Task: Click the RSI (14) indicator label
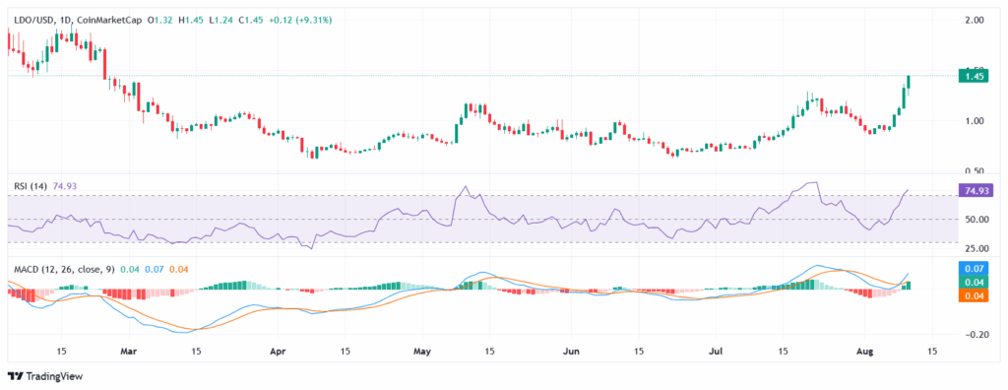pyautogui.click(x=29, y=183)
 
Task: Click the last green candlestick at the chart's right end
pyautogui.click(x=909, y=82)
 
